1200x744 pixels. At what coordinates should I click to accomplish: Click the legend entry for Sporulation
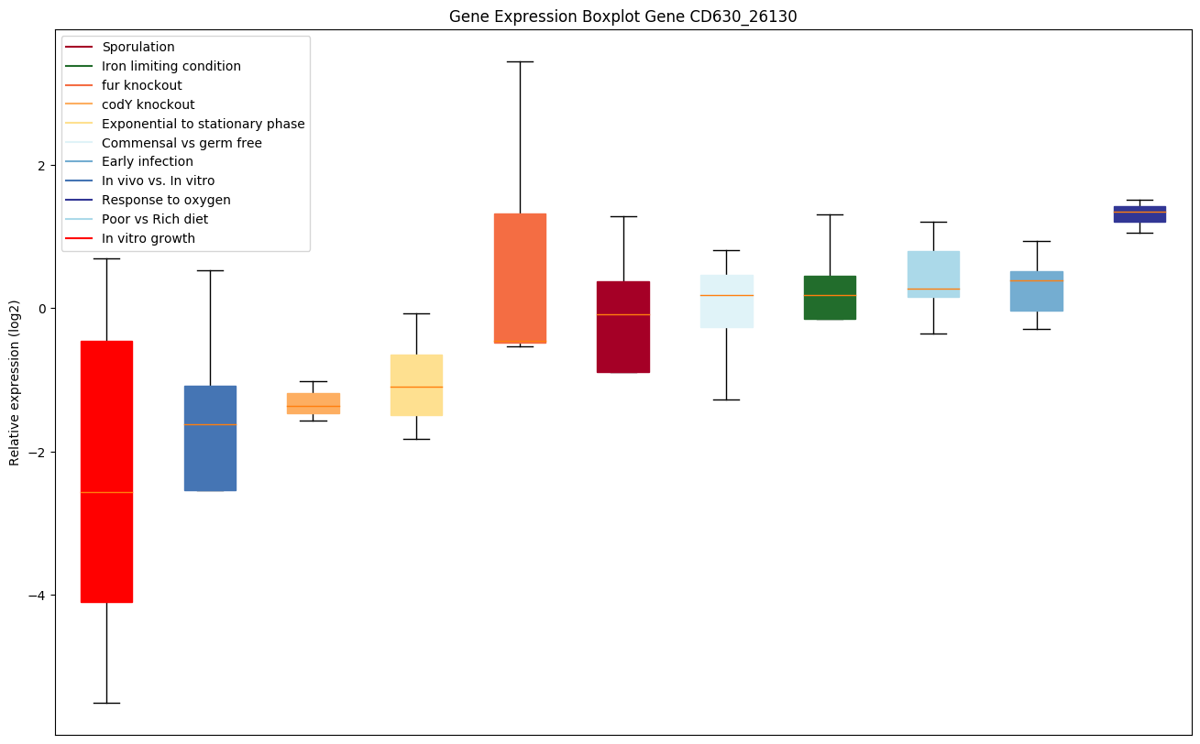pyautogui.click(x=138, y=47)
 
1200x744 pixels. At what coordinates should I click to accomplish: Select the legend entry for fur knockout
pyautogui.click(x=142, y=85)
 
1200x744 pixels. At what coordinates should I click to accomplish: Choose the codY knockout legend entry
pyautogui.click(x=149, y=104)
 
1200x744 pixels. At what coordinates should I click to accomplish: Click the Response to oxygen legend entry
pyautogui.click(x=166, y=200)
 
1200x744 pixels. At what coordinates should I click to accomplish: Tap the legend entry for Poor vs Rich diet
pyautogui.click(x=155, y=219)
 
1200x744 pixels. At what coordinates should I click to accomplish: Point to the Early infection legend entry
pyautogui.click(x=148, y=161)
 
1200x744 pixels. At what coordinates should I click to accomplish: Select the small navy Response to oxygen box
pyautogui.click(x=1139, y=214)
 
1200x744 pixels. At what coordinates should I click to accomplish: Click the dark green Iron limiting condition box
pyautogui.click(x=830, y=298)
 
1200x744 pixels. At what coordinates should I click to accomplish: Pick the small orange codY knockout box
pyautogui.click(x=314, y=403)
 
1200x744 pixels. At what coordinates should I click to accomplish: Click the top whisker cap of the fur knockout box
pyautogui.click(x=520, y=61)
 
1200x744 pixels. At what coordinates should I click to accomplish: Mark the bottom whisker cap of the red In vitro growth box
pyautogui.click(x=106, y=703)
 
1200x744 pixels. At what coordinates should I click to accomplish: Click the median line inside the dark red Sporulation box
pyautogui.click(x=623, y=314)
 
